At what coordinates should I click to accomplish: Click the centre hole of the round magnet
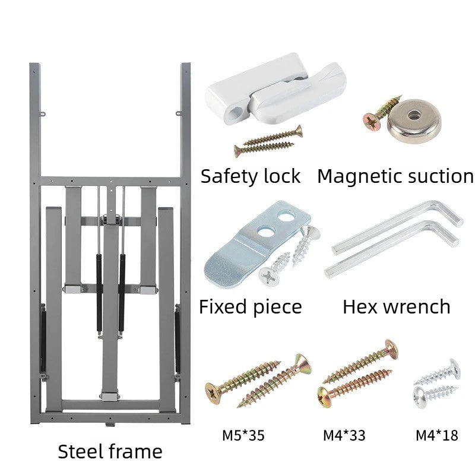414,115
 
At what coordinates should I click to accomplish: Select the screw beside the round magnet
382,113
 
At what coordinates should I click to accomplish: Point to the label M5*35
243,436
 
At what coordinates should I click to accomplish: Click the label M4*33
344,436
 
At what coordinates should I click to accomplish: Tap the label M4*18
437,436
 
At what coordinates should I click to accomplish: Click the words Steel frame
110,451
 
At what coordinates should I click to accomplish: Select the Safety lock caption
251,176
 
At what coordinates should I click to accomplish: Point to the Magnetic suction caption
395,176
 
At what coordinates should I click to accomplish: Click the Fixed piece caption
251,306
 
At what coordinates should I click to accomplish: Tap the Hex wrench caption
396,306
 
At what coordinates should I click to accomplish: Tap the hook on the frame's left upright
43,114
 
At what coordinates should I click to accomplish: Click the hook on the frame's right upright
179,114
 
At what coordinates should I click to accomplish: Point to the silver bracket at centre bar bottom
109,397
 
